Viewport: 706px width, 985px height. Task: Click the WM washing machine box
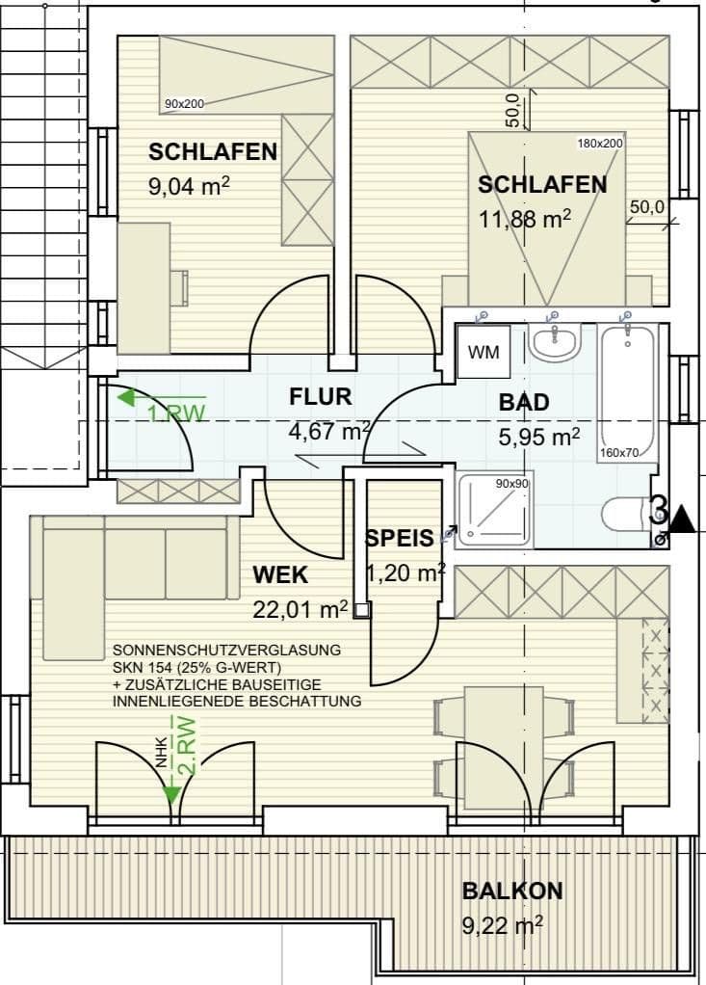point(484,353)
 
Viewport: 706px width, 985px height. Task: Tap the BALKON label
point(511,891)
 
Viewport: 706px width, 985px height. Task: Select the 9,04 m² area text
point(189,186)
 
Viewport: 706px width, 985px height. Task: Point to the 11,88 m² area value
point(525,219)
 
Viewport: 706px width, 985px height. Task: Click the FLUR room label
point(321,396)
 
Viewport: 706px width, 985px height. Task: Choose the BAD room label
point(524,403)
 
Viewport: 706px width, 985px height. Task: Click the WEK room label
point(280,575)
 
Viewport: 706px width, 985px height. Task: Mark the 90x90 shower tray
point(494,511)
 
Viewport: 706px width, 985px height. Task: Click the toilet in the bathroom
point(627,514)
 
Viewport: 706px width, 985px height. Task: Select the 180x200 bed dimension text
point(600,144)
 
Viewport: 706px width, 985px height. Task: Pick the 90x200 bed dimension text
point(184,103)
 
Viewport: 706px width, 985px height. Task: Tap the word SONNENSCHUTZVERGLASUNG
point(226,651)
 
